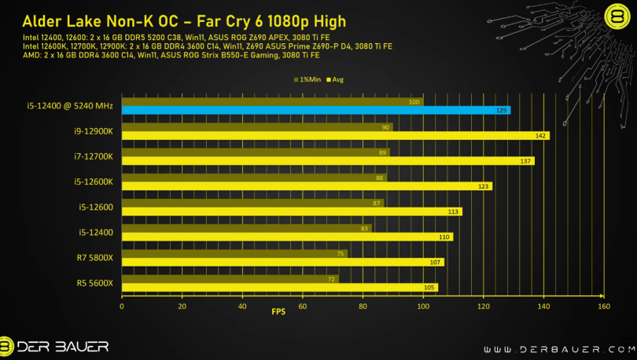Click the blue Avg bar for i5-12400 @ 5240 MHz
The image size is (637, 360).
point(315,110)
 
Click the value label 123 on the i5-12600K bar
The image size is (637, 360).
point(484,186)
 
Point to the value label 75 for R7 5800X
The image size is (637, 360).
point(341,253)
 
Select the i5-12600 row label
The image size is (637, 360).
point(96,207)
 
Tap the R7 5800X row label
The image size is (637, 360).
point(96,257)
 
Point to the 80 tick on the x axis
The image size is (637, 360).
point(363,307)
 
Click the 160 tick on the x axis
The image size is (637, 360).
point(603,307)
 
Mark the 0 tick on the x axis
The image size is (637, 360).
point(122,307)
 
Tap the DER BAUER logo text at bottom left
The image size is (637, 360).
point(63,347)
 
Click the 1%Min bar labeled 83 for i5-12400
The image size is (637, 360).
point(245,228)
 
